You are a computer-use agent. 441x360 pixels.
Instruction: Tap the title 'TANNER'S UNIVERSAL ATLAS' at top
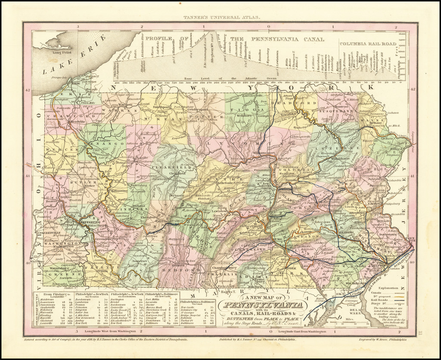pyautogui.click(x=220, y=18)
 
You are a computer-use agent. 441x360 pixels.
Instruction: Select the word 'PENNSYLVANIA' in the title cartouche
pyautogui.click(x=263, y=307)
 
